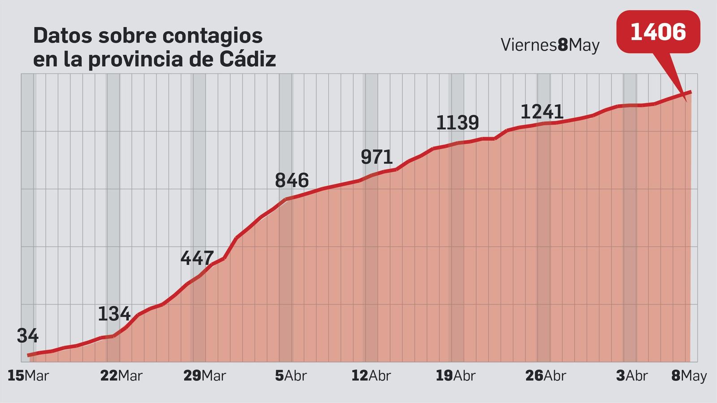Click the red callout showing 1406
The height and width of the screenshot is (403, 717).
tap(658, 32)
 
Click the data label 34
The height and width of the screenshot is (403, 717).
tap(28, 336)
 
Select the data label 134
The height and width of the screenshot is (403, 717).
tap(114, 314)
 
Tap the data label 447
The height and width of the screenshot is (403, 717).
tap(197, 258)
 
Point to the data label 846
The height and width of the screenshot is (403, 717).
tap(292, 180)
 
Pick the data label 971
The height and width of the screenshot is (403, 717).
tap(376, 157)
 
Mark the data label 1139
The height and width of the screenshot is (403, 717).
tap(457, 123)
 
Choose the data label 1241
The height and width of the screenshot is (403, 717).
tap(541, 112)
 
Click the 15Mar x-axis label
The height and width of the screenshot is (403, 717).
tap(28, 376)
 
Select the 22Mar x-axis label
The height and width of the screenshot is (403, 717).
tap(121, 376)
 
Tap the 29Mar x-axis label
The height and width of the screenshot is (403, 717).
tap(204, 376)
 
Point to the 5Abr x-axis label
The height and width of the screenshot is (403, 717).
tap(290, 376)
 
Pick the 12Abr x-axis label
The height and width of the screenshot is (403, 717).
tap(371, 376)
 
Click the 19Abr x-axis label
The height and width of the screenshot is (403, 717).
tap(455, 376)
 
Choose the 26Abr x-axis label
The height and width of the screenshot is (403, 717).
tap(545, 376)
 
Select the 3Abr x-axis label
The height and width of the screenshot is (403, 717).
tap(631, 376)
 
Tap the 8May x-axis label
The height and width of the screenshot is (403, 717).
tap(689, 376)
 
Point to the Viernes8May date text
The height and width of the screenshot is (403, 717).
tap(550, 45)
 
